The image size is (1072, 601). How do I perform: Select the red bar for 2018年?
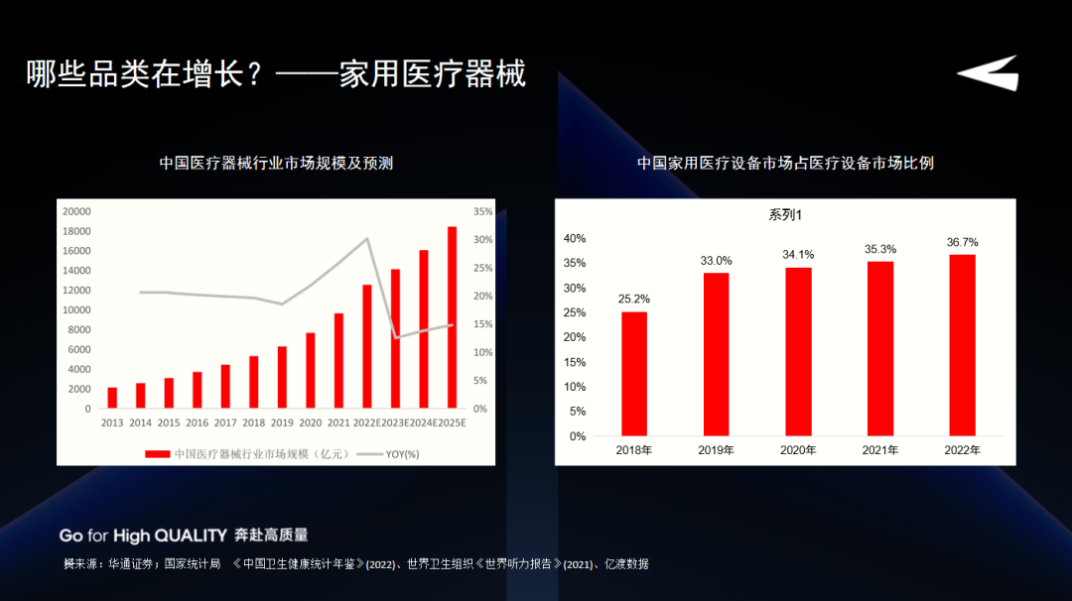pyautogui.click(x=634, y=374)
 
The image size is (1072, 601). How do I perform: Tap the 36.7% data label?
pyautogui.click(x=962, y=242)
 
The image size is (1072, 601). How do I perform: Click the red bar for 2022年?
pyautogui.click(x=962, y=345)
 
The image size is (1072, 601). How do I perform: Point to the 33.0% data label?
pyautogui.click(x=716, y=261)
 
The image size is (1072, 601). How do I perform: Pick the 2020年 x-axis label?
pyautogui.click(x=797, y=450)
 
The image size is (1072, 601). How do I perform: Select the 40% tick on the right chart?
pyautogui.click(x=575, y=239)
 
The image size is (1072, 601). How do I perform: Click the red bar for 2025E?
pyautogui.click(x=452, y=317)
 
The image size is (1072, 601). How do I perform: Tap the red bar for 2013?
pyautogui.click(x=112, y=398)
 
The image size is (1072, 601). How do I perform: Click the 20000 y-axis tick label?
pyautogui.click(x=76, y=211)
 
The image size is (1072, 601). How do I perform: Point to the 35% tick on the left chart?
pyautogui.click(x=482, y=211)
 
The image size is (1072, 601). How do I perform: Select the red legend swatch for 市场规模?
pyautogui.click(x=157, y=454)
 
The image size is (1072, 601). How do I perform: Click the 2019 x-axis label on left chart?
pyautogui.click(x=282, y=422)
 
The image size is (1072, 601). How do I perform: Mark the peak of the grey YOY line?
pyautogui.click(x=367, y=238)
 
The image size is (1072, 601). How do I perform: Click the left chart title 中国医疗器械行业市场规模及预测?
pyautogui.click(x=276, y=163)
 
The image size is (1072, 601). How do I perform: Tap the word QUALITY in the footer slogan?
pyautogui.click(x=190, y=536)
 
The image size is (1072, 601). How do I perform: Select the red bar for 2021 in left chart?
pyautogui.click(x=338, y=361)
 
